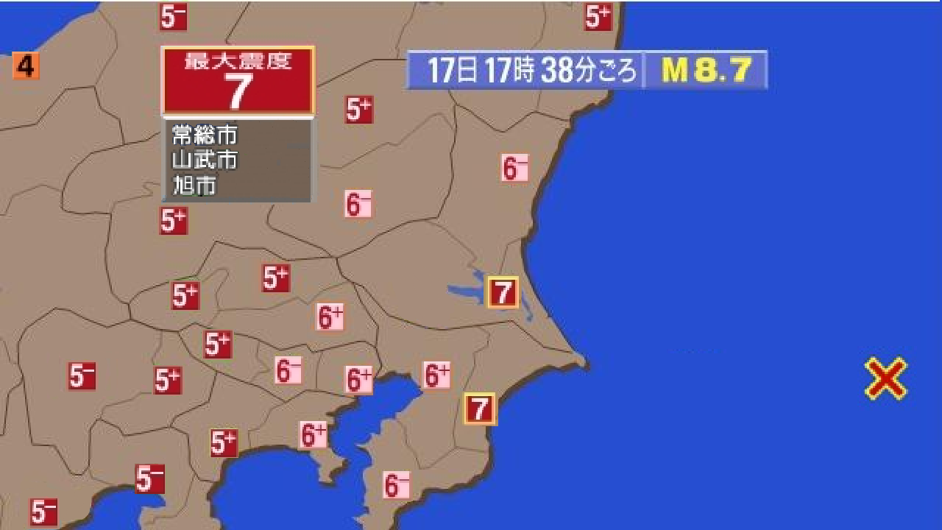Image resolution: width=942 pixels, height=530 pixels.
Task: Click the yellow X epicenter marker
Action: tap(885, 378)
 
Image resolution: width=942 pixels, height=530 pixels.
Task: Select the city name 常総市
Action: tap(205, 135)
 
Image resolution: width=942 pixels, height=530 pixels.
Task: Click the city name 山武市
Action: tap(205, 159)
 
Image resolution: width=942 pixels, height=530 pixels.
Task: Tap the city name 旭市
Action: tap(194, 185)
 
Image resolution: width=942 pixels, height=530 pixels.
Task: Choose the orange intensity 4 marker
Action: tap(25, 67)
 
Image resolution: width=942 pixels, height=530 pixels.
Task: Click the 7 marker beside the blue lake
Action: tap(503, 292)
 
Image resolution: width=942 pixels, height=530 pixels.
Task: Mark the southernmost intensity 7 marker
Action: tap(480, 409)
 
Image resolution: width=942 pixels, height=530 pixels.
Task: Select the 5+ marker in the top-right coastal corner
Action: tap(598, 15)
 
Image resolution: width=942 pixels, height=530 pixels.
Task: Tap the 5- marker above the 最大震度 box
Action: tap(173, 16)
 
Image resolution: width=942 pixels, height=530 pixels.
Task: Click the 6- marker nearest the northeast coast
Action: tap(514, 167)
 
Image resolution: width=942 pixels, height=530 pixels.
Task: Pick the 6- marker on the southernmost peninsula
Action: tap(397, 485)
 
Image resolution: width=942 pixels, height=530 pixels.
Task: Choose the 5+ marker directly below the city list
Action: tap(173, 220)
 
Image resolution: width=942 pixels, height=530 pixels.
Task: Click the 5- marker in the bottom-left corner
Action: tap(43, 511)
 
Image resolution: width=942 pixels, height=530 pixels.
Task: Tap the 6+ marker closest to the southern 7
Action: tap(436, 375)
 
